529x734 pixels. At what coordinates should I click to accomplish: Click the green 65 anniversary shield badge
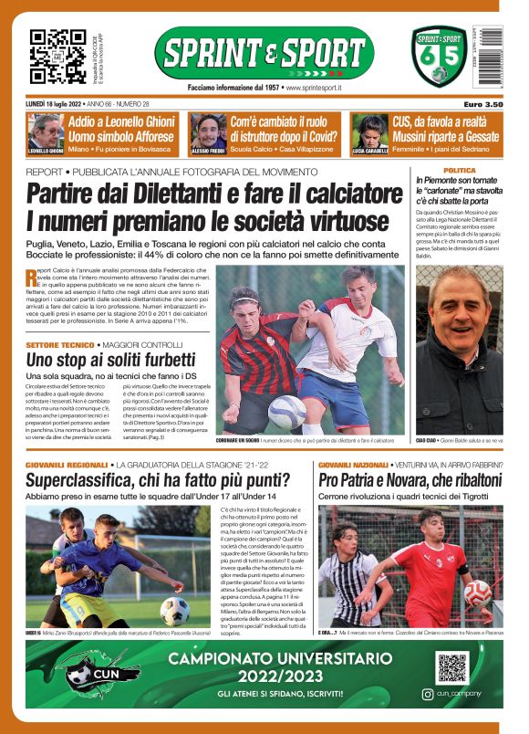click(439, 57)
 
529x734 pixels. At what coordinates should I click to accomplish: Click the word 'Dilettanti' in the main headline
click(172, 194)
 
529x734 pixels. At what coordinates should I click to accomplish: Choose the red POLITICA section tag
click(459, 171)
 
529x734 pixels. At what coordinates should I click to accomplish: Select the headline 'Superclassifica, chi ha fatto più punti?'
click(145, 479)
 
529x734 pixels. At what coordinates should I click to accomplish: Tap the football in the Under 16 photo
click(174, 610)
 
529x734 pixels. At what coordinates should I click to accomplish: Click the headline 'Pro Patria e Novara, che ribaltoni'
click(407, 479)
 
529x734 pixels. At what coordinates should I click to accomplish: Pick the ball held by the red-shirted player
click(476, 593)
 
